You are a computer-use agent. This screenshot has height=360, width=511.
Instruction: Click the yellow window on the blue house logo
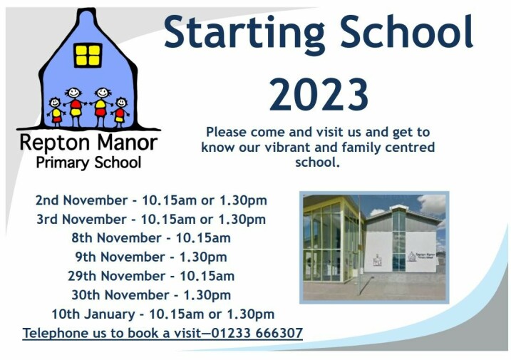pos(88,55)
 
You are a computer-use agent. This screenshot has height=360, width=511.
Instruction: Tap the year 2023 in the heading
pos(319,95)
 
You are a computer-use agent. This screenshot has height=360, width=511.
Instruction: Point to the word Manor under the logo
pos(128,143)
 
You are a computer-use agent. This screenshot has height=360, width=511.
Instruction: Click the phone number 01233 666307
pos(257,333)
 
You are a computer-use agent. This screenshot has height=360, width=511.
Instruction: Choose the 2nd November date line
pos(151,200)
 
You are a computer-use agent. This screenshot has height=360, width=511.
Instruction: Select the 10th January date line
pos(163,314)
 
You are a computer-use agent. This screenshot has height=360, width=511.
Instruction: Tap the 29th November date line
pos(151,276)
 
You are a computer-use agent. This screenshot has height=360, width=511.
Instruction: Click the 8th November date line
pos(151,238)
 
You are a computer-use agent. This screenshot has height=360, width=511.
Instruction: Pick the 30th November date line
pos(151,295)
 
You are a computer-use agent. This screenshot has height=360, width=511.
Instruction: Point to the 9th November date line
pos(151,257)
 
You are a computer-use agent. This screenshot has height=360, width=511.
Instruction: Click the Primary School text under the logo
pos(88,163)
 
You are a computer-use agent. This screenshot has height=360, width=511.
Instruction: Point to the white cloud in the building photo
pos(431,205)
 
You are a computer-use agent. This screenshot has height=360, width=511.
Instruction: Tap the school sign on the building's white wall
pos(422,256)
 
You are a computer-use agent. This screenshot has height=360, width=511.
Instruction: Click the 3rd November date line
pos(151,219)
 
